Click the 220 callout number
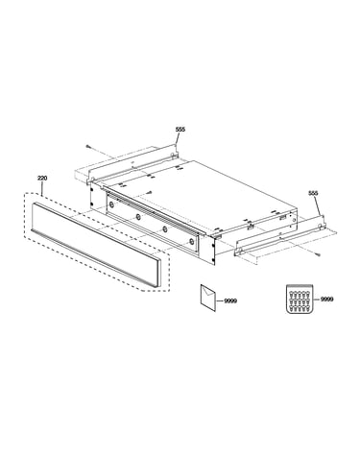click(42, 178)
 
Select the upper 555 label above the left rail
click(180, 130)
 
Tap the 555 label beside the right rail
click(313, 193)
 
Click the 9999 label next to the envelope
click(230, 300)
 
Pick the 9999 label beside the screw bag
click(326, 300)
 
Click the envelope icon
click(208, 298)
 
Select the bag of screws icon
click(299, 299)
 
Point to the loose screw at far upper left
click(88, 146)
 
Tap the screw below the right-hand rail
click(318, 254)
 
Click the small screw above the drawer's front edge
click(150, 193)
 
